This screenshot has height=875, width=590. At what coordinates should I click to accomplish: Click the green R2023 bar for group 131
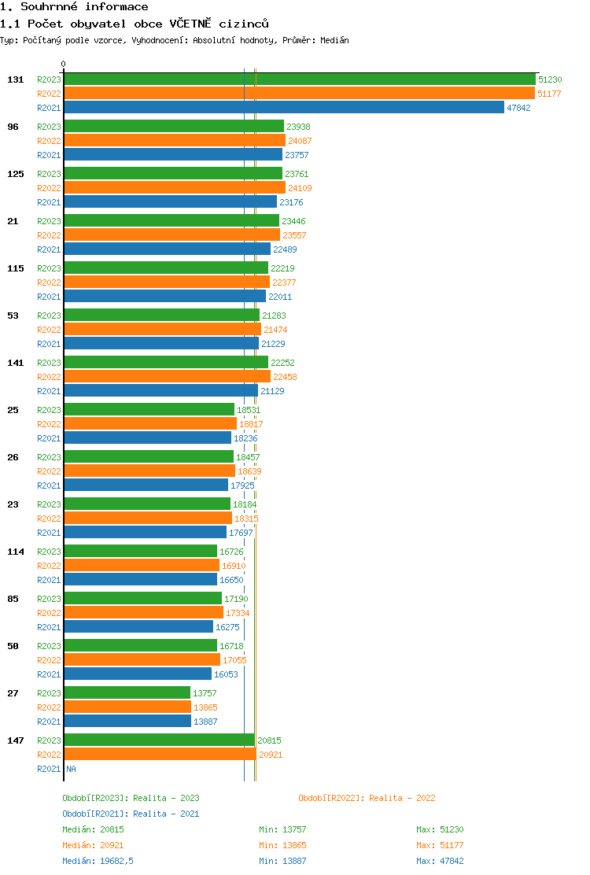299,79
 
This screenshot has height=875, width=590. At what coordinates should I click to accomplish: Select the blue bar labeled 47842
283,108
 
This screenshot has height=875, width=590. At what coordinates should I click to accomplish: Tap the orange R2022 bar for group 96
174,141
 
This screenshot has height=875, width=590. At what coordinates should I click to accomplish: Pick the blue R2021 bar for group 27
127,722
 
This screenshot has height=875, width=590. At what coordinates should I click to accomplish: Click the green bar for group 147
159,740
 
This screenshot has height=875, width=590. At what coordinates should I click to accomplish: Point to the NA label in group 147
71,769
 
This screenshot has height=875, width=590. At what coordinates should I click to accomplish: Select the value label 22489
285,249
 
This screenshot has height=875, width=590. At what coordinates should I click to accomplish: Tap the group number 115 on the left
15,268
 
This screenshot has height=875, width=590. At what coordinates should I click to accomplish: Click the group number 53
13,316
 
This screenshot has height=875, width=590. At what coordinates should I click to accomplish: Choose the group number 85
13,599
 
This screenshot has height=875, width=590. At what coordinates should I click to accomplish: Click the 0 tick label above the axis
64,64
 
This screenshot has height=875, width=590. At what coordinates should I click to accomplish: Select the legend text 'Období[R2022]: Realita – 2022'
367,798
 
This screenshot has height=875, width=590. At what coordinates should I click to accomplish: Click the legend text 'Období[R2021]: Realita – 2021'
131,814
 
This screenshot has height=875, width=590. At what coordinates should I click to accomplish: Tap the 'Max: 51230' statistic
440,829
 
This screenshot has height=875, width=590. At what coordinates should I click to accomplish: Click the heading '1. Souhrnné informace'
74,7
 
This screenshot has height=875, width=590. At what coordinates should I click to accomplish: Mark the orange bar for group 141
167,377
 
